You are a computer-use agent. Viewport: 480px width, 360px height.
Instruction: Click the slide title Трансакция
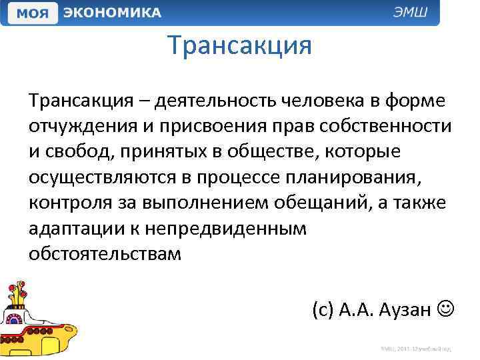coord(240,46)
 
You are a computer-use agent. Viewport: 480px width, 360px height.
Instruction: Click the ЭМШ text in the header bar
coord(414,13)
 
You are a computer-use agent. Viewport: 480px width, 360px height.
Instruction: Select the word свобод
coord(73,151)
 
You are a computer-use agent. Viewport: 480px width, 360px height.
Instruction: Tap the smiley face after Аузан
coord(446,309)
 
